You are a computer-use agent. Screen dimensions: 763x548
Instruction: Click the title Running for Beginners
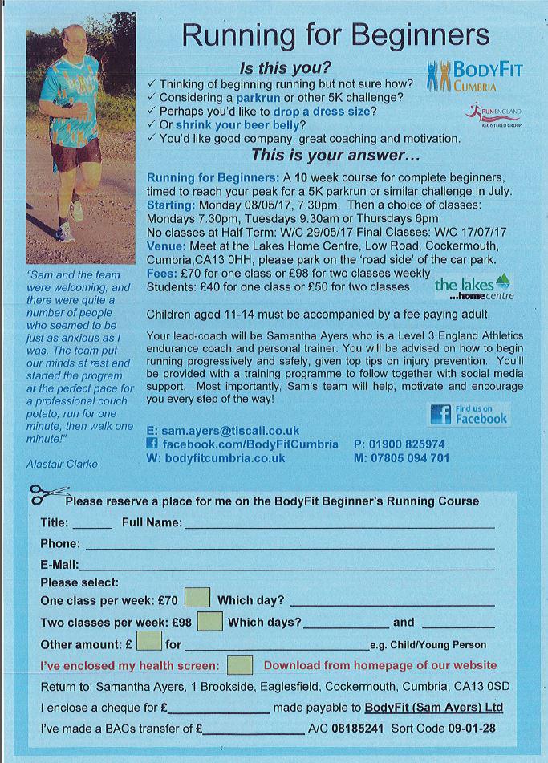[335, 34]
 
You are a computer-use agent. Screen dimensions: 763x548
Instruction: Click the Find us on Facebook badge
[469, 414]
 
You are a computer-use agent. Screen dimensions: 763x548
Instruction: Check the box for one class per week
[197, 599]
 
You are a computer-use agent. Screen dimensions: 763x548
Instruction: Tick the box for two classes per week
[209, 621]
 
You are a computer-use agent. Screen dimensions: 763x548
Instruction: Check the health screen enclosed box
[240, 665]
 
